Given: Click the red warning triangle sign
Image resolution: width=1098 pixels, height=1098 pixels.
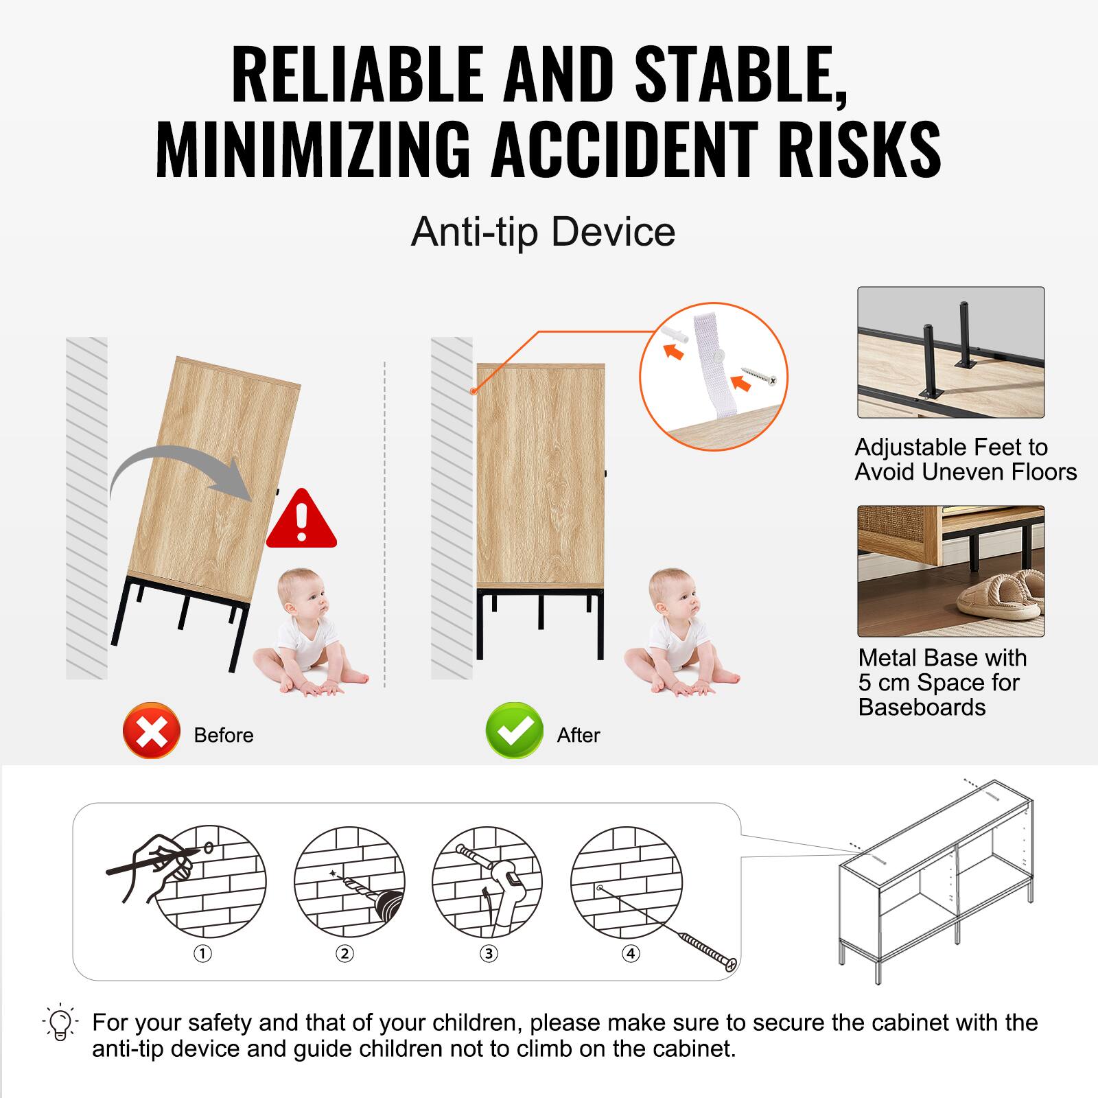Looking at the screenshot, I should tap(301, 521).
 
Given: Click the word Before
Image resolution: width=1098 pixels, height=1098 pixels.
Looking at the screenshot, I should tap(224, 735).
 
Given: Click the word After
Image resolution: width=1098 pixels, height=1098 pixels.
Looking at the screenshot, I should tap(579, 735).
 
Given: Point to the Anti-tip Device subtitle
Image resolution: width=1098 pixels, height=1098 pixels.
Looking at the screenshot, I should tap(543, 232).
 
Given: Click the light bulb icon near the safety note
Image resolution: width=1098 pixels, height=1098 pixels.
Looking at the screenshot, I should tap(60, 1023).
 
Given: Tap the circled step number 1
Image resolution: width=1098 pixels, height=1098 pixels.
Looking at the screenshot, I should tap(202, 953).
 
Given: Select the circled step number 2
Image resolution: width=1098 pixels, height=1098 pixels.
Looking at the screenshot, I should tap(344, 953).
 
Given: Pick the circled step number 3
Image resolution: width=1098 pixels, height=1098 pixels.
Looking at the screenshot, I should tap(489, 953).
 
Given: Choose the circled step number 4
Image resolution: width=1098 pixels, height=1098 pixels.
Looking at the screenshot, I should tap(631, 953).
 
